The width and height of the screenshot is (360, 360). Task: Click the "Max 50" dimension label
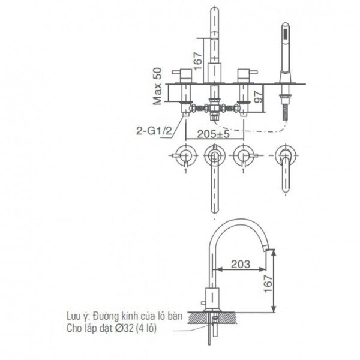tap(158, 86)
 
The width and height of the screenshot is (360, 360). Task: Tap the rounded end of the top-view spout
tap(214, 211)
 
